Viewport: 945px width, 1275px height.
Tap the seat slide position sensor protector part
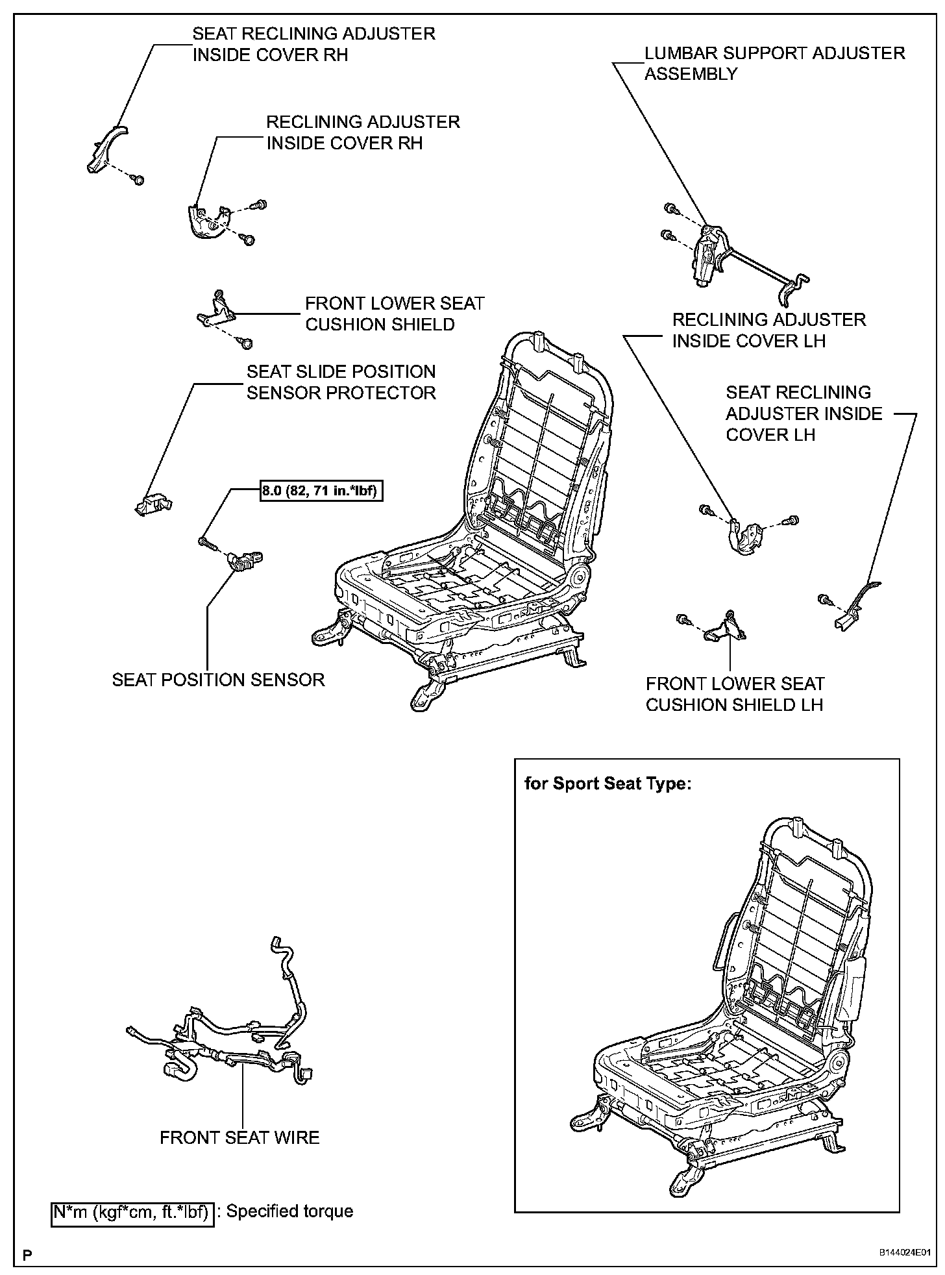(154, 502)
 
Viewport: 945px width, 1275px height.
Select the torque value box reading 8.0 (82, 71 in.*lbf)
(319, 492)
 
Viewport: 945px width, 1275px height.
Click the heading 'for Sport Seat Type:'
(608, 784)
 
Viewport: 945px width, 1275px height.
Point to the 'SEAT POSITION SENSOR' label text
(218, 680)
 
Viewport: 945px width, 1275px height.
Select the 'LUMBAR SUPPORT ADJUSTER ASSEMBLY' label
(774, 63)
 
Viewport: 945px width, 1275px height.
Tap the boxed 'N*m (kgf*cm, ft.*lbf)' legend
(132, 1211)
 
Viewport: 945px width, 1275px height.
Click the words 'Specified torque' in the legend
(289, 1211)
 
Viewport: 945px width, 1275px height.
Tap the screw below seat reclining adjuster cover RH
(137, 179)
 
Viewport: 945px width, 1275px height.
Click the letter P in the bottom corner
(27, 1254)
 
